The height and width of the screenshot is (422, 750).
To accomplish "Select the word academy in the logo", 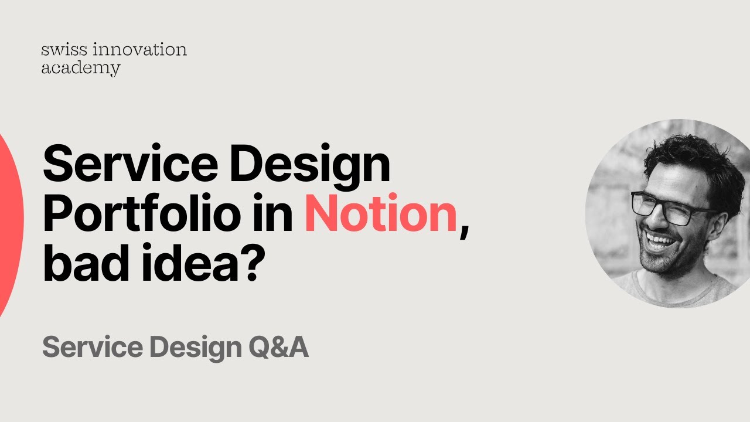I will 80,69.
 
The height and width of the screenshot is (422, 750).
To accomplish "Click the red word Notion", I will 380,215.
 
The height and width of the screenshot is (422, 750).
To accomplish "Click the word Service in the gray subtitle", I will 93,348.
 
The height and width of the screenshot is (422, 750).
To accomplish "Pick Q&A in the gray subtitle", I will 278,348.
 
